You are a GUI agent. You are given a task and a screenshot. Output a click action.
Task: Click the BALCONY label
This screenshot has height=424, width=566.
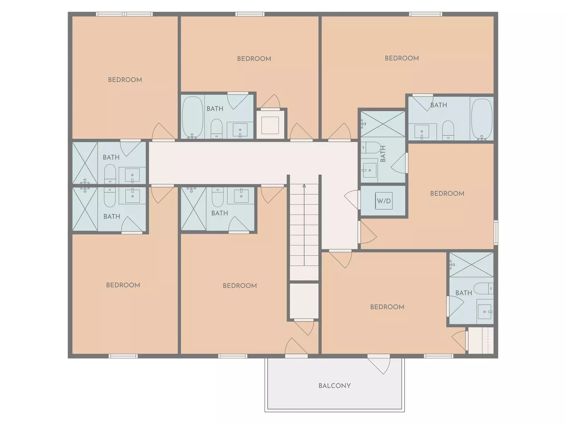coord(334,385)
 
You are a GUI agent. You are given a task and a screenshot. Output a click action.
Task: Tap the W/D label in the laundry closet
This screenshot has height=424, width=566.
coord(384,201)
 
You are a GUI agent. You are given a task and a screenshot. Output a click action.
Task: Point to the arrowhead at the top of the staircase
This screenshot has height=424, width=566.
coord(304,185)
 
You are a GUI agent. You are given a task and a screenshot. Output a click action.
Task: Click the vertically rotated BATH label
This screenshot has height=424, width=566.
coord(383,154)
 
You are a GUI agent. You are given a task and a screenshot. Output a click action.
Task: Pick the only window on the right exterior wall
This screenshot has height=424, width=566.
coord(496,232)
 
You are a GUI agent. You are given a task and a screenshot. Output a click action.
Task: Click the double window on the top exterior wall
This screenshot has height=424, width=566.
coord(125,14)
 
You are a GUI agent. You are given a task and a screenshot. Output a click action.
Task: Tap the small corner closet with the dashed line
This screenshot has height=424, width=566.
coord(481,340)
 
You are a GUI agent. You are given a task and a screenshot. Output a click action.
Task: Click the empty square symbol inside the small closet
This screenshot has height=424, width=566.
coord(270,125)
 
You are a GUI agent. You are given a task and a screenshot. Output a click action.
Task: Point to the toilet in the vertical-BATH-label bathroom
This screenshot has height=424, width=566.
coord(370,147)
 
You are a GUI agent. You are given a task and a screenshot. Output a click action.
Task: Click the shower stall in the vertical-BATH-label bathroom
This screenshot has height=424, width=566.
coord(383,124)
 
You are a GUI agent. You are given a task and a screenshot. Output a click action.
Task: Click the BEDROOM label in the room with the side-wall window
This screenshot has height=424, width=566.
coord(447,193)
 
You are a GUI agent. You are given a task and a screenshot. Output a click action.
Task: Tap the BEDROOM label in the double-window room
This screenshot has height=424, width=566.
coord(125,79)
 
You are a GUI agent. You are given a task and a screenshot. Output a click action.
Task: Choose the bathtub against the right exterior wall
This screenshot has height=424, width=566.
coord(482,119)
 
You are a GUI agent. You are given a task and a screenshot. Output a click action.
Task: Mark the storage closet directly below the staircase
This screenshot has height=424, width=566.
coord(304,301)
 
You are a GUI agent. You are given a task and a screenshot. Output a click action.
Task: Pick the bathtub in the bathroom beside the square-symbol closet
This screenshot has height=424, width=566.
coord(193,117)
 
